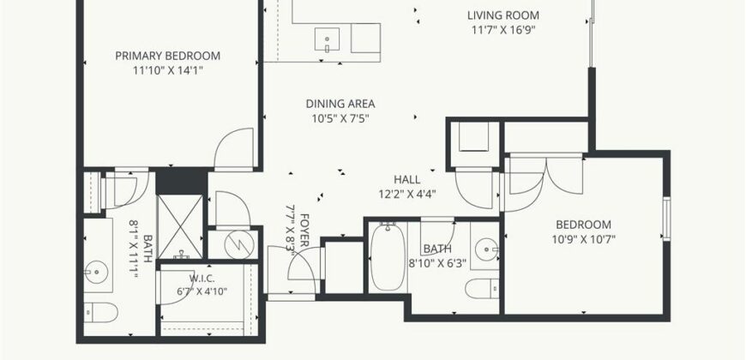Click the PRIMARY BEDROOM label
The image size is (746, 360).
pyautogui.click(x=167, y=56)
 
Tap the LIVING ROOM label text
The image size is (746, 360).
pyautogui.click(x=502, y=15)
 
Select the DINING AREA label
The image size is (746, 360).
pyautogui.click(x=340, y=104)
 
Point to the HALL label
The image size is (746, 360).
pyautogui.click(x=406, y=180)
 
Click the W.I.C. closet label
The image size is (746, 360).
pyautogui.click(x=198, y=279)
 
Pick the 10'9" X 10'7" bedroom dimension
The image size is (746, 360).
pyautogui.click(x=583, y=239)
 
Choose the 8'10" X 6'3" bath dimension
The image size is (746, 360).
pyautogui.click(x=437, y=263)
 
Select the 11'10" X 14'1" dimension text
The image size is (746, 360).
pyautogui.click(x=167, y=71)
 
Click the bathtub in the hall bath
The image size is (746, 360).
pyautogui.click(x=388, y=257)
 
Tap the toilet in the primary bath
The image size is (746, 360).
pyautogui.click(x=101, y=313)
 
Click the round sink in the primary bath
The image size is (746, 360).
pyautogui.click(x=97, y=273)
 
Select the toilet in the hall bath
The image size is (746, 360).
pyautogui.click(x=482, y=289)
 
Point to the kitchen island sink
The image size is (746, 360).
pyautogui.click(x=328, y=39)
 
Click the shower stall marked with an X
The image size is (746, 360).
pyautogui.click(x=180, y=227)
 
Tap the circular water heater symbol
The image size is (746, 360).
pyautogui.click(x=239, y=245)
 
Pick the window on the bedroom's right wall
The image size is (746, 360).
pyautogui.click(x=666, y=219)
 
